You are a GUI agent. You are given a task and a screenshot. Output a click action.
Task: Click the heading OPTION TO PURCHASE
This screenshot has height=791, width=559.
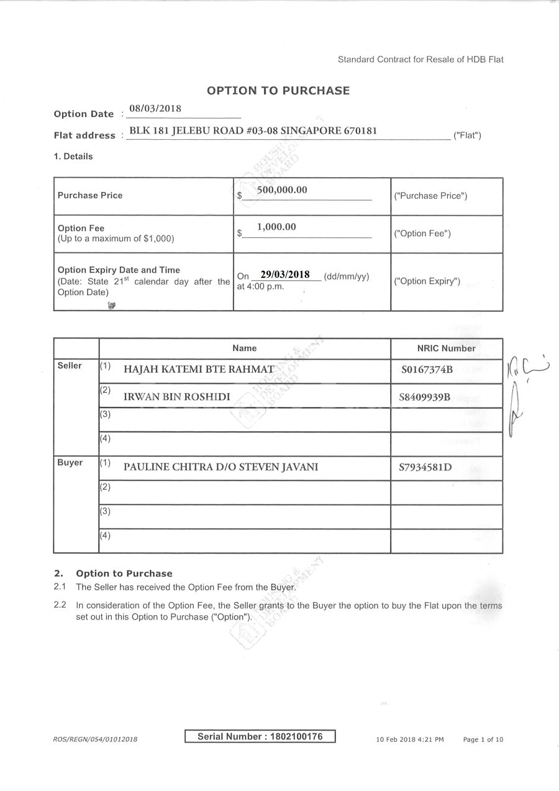[x=278, y=91]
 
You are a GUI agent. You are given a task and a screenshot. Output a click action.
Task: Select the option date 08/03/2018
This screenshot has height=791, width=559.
[x=155, y=109]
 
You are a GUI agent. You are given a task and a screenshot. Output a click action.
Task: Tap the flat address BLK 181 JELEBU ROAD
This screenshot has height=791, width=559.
[x=252, y=131]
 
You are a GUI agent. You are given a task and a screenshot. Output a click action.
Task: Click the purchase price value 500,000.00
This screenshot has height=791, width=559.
[x=282, y=190]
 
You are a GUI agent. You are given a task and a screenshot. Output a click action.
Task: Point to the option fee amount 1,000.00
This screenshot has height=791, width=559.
[x=276, y=227]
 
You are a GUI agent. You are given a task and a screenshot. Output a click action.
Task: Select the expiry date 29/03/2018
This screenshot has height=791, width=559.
[x=285, y=275]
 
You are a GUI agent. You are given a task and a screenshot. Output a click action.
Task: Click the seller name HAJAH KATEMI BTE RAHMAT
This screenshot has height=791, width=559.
[x=199, y=370]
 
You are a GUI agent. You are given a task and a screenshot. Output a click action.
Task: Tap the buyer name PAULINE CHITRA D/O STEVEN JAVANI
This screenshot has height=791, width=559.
[x=220, y=467]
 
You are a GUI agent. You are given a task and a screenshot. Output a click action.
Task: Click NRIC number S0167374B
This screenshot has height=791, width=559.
[x=427, y=370]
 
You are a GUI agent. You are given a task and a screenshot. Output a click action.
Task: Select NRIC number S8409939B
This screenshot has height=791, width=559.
[x=425, y=397]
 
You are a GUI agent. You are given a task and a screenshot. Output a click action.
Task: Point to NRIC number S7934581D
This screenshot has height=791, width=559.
[x=425, y=467]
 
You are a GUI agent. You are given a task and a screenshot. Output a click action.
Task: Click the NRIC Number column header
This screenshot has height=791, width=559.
[x=446, y=349]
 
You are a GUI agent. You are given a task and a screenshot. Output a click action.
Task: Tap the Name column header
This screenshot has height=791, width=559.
[x=244, y=349]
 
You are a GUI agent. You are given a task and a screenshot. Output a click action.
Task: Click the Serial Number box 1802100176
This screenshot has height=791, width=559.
[x=260, y=737]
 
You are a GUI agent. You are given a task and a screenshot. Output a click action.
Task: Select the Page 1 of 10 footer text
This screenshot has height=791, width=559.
[x=483, y=739]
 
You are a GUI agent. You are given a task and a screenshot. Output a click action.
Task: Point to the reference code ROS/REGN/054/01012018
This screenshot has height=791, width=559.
[x=95, y=739]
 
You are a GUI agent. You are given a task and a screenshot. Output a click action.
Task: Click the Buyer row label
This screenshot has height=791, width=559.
[x=70, y=463]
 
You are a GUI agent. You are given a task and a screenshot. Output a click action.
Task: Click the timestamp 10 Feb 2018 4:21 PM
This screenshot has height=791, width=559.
[x=410, y=739]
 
